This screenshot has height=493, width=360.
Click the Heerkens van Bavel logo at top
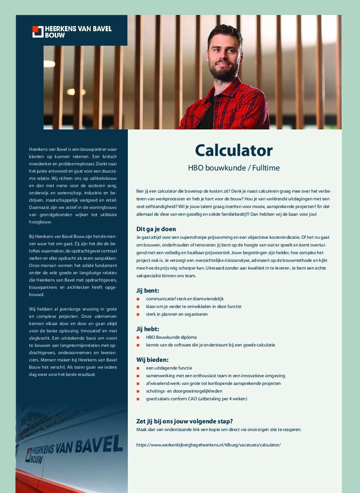coord(72,31)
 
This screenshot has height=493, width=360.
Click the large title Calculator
coord(233,150)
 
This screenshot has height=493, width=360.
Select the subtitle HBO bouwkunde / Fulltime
coord(233,168)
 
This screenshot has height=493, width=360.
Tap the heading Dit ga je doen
coord(156,229)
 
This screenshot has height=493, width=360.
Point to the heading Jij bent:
coord(148,291)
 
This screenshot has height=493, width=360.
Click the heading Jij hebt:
coord(148,329)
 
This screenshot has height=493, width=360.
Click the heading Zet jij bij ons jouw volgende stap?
coord(184,421)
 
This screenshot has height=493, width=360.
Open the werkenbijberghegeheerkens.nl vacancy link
coord(208,445)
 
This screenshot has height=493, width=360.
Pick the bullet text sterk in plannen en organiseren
coord(177,314)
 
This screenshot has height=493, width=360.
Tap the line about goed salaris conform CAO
coord(196,399)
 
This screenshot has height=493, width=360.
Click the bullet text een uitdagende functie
coord(169,368)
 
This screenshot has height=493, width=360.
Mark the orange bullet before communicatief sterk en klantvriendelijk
coord(138,299)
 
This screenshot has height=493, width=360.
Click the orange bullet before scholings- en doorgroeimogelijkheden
coord(138,391)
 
